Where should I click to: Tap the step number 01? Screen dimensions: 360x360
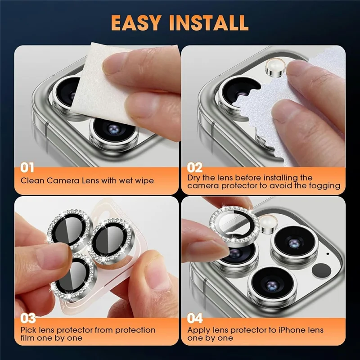point(27,168)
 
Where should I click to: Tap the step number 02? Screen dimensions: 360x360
point(195,168)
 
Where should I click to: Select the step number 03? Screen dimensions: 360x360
point(27,319)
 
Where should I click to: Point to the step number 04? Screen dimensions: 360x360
point(195,319)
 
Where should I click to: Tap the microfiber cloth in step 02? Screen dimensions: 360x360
point(274,112)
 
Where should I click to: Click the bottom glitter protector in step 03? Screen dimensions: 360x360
point(81,272)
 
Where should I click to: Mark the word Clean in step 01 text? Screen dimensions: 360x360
point(31,181)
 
